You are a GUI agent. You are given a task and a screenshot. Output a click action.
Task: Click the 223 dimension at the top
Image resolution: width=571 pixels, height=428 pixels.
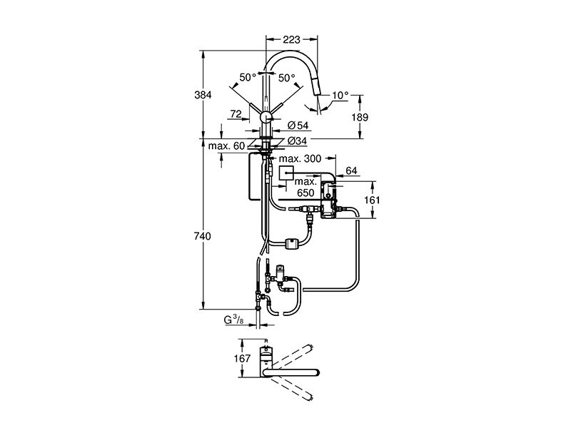pos(291,39)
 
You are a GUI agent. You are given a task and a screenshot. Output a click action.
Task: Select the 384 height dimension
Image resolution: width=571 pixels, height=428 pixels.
pos(203,95)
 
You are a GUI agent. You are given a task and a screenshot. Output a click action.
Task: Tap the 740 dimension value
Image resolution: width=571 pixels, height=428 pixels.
pos(202,237)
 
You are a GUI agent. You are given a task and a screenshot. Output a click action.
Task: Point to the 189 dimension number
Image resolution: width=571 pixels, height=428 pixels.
pos(360,117)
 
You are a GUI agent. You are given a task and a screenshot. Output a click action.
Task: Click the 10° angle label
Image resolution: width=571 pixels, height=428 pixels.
pos(340,96)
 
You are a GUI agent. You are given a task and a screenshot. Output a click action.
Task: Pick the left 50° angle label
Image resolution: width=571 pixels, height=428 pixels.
pos(248,77)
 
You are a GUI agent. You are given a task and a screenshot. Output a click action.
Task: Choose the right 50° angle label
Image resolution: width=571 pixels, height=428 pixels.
pos(287,78)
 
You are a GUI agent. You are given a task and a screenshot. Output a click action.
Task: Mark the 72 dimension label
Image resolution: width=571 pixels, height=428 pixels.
pos(236,114)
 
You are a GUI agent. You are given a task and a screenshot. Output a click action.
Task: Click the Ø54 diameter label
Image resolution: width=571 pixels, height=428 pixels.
pos(298,126)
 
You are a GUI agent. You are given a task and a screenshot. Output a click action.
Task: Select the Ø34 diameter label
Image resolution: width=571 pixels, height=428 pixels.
pos(297,141)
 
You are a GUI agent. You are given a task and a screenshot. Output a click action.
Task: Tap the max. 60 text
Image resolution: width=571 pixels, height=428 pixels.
pos(226,146)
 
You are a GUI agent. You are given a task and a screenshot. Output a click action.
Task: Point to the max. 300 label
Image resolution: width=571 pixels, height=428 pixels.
pos(300,158)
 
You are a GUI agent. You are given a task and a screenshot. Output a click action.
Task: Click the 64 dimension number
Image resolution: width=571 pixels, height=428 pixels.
pos(351,170)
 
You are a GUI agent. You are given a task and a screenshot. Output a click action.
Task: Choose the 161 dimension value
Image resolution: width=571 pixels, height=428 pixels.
pos(372,200)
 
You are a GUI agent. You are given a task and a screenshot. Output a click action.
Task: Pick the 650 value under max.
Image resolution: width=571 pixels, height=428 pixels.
pos(305,193)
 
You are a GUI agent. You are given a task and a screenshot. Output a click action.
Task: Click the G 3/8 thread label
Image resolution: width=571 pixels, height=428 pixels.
pos(233,320)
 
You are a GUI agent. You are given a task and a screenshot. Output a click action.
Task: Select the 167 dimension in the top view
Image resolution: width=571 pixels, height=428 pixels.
pos(242,359)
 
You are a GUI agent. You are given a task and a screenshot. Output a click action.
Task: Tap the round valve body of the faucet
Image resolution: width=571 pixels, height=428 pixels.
pos(266,118)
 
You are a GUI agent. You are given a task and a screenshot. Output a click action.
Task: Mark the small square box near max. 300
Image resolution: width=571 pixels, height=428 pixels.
pos(285,173)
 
